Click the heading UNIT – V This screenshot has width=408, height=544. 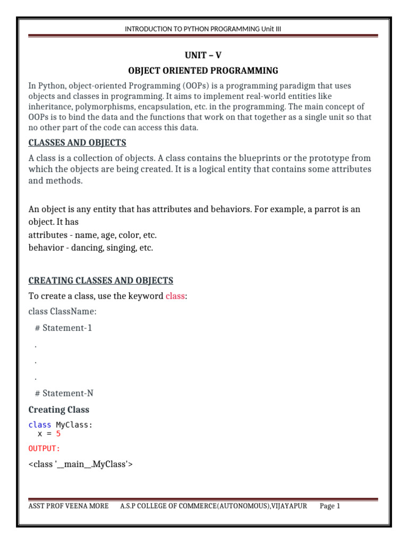203,55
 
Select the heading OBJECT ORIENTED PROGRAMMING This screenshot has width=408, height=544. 203,71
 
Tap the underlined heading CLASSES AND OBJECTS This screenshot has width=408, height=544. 77,143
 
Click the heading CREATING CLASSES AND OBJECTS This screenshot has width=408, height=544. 100,280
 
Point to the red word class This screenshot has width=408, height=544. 175,296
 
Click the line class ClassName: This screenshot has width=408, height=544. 63,311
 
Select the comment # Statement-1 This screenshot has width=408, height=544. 63,328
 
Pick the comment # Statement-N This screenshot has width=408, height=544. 64,393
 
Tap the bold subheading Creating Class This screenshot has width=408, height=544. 59,410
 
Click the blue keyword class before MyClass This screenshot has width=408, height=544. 40,425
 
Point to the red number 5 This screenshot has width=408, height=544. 58,433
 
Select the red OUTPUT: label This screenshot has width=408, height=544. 45,449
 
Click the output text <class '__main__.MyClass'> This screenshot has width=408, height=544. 80,465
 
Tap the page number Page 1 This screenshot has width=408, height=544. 329,506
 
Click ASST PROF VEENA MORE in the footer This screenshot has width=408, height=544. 68,506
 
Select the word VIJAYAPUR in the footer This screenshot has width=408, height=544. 289,506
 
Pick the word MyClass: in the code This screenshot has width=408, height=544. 74,425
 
